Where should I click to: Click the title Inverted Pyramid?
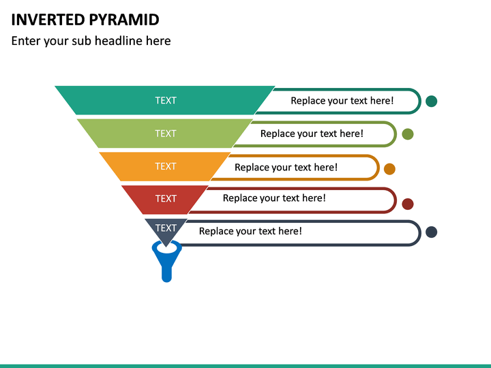85,19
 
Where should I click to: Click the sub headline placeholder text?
91,41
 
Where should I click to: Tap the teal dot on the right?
431,101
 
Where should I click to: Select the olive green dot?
408,134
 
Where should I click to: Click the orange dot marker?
389,169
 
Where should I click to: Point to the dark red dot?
408,204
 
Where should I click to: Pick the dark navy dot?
431,232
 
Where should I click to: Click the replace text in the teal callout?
342,101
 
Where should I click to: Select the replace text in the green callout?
312,134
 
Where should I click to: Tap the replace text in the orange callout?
286,167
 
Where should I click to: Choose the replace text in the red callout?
274,198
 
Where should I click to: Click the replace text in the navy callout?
250,231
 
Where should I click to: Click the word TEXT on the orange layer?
165,166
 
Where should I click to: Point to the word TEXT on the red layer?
166,198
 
